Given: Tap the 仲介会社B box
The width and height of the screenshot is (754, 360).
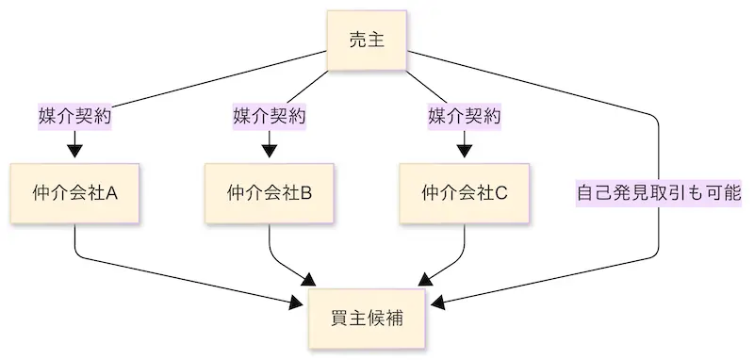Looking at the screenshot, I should coord(269,193).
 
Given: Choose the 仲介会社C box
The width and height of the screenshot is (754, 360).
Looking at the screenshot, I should coord(464,193).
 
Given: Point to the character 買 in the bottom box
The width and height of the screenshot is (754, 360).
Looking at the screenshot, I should coord(339,318).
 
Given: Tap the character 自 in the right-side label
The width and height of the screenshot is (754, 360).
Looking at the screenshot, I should coord(586,193).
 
